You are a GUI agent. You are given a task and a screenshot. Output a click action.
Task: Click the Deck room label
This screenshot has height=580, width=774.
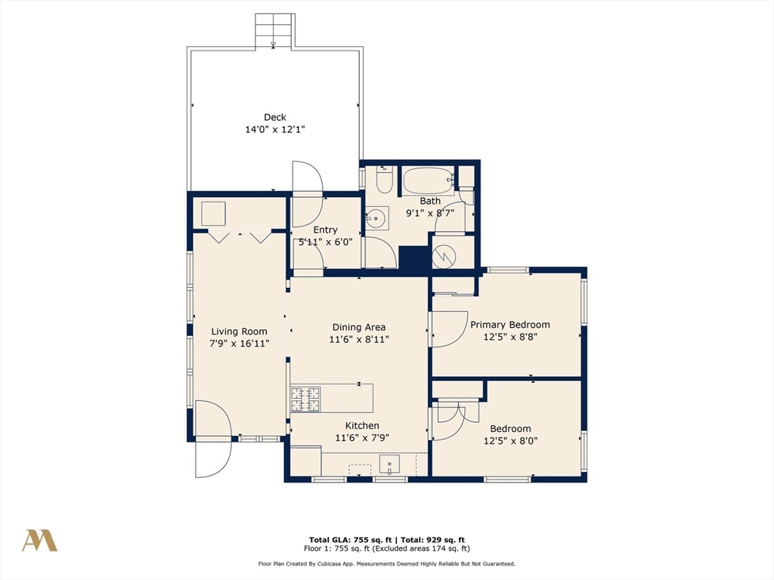275,117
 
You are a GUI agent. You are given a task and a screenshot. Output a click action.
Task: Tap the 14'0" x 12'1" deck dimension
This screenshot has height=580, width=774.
275,130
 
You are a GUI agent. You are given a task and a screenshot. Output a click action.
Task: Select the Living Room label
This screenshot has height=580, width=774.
240,332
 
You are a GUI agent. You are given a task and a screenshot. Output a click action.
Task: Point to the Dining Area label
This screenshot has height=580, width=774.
359,327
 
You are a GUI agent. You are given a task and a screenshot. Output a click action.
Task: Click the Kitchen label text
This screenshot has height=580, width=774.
362,426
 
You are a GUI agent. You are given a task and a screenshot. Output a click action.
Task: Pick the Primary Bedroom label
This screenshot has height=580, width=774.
510,325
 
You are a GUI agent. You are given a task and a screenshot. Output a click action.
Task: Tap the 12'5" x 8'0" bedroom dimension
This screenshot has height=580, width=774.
510,441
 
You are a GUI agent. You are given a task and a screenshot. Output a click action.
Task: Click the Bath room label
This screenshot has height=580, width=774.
430,201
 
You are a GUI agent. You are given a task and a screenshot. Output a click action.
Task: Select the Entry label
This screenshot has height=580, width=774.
325,230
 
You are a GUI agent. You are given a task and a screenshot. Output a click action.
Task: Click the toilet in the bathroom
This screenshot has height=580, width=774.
384,180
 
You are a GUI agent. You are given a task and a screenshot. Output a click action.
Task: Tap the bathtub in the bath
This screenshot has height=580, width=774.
428,181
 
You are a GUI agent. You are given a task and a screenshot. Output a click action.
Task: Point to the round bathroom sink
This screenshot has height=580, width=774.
376,217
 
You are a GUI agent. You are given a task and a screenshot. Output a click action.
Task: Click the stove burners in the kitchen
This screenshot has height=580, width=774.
305,400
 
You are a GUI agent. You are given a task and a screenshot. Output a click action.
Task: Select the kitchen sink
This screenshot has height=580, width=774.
390,464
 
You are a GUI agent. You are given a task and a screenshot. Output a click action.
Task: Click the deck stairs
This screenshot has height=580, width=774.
274,30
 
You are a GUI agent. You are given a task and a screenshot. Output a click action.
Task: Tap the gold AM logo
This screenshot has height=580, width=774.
39,541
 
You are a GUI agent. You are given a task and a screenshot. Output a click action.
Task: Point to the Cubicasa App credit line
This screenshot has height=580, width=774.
386,563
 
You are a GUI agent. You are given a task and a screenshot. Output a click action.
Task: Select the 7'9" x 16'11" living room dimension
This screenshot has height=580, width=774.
240,344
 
